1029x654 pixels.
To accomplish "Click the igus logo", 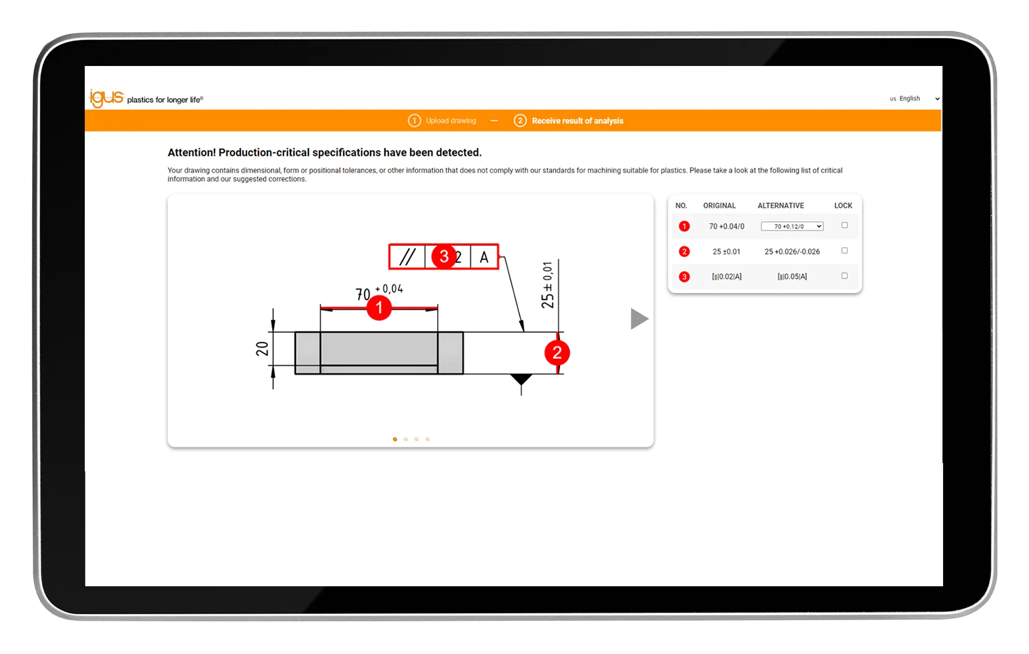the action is [x=106, y=98].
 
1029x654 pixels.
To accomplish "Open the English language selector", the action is [x=914, y=99].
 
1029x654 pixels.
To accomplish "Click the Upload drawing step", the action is [x=442, y=121].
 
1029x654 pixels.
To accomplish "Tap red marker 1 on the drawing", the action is [x=379, y=307].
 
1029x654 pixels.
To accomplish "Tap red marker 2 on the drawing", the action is [x=557, y=353].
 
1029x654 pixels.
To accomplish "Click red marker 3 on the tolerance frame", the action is [x=444, y=256].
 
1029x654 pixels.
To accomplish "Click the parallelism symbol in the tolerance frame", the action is [x=407, y=257].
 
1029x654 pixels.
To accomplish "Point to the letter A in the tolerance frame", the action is [x=484, y=257].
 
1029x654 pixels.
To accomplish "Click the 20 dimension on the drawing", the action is [x=262, y=349].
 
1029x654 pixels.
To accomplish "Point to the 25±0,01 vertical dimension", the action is [x=548, y=285].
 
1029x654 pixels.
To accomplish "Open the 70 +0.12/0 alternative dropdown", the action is [x=792, y=227].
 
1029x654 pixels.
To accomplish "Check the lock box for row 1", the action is [x=844, y=225].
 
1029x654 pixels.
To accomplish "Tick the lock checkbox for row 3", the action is [x=844, y=276].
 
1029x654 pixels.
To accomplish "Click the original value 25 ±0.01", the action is [x=726, y=252].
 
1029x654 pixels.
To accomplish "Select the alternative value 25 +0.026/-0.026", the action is [x=792, y=252].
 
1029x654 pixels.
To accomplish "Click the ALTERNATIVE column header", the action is [x=781, y=206].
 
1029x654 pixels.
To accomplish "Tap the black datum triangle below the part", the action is [x=521, y=379].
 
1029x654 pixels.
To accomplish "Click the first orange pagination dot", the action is [x=395, y=439].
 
